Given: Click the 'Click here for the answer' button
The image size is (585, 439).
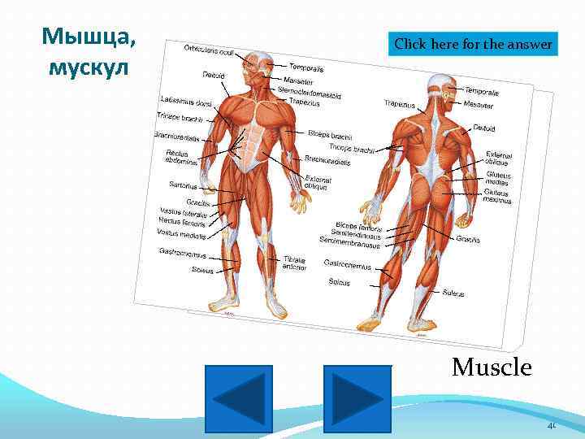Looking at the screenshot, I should point(474,44).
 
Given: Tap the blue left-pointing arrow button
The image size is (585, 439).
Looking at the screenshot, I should point(239,398).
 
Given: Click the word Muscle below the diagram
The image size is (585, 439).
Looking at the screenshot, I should point(492,367).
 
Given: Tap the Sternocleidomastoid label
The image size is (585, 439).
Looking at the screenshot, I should point(309,93).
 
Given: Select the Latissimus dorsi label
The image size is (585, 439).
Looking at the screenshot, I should point(186,102).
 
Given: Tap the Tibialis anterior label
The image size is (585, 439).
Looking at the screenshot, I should point(294,263).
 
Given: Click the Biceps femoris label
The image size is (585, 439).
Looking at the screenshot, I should point(358,224).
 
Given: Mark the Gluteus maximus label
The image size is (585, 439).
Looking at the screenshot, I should point(497,197).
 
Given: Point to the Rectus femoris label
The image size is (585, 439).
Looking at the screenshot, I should point(182,221).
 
